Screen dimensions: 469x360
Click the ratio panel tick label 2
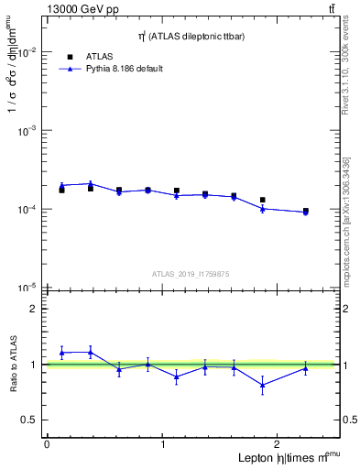34,309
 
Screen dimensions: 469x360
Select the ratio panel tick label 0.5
30,420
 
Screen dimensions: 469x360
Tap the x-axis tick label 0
47,444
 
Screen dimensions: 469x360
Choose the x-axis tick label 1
163,444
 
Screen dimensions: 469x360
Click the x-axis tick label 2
279,444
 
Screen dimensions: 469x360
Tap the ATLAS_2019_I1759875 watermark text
191,274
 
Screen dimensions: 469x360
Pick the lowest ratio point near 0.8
263,385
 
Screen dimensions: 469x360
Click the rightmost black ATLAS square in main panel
306,211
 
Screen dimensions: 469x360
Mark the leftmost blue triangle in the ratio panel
61,353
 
